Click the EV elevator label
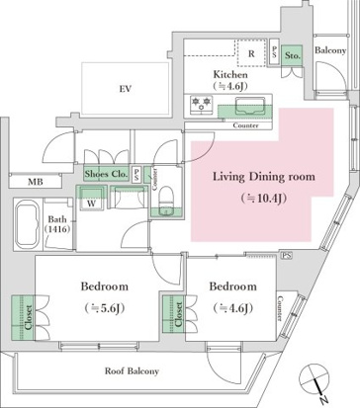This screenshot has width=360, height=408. [x=126, y=89]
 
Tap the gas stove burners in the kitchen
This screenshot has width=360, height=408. [x=201, y=105]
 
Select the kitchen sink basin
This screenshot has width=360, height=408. [x=250, y=106]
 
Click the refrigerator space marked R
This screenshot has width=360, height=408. [x=251, y=53]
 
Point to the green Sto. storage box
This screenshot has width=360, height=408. [x=292, y=55]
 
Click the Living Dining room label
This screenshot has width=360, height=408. [x=264, y=177]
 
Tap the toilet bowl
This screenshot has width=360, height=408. [x=166, y=201]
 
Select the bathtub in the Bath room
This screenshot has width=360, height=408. [x=28, y=224]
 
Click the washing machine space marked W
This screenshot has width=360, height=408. [x=91, y=199]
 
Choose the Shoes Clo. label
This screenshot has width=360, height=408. [x=106, y=174]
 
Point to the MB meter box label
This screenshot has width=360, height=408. [x=36, y=182]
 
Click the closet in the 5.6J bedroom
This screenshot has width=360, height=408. [x=23, y=317]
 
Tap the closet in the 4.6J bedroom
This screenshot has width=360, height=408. [x=174, y=314]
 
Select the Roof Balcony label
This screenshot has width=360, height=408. [x=132, y=371]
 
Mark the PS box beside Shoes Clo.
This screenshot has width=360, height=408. [x=136, y=174]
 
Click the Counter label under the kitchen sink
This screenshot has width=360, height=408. [x=245, y=125]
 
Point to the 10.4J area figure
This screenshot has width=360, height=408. [x=264, y=199]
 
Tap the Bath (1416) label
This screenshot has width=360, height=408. [x=57, y=224]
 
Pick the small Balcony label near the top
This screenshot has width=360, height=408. [x=330, y=50]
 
